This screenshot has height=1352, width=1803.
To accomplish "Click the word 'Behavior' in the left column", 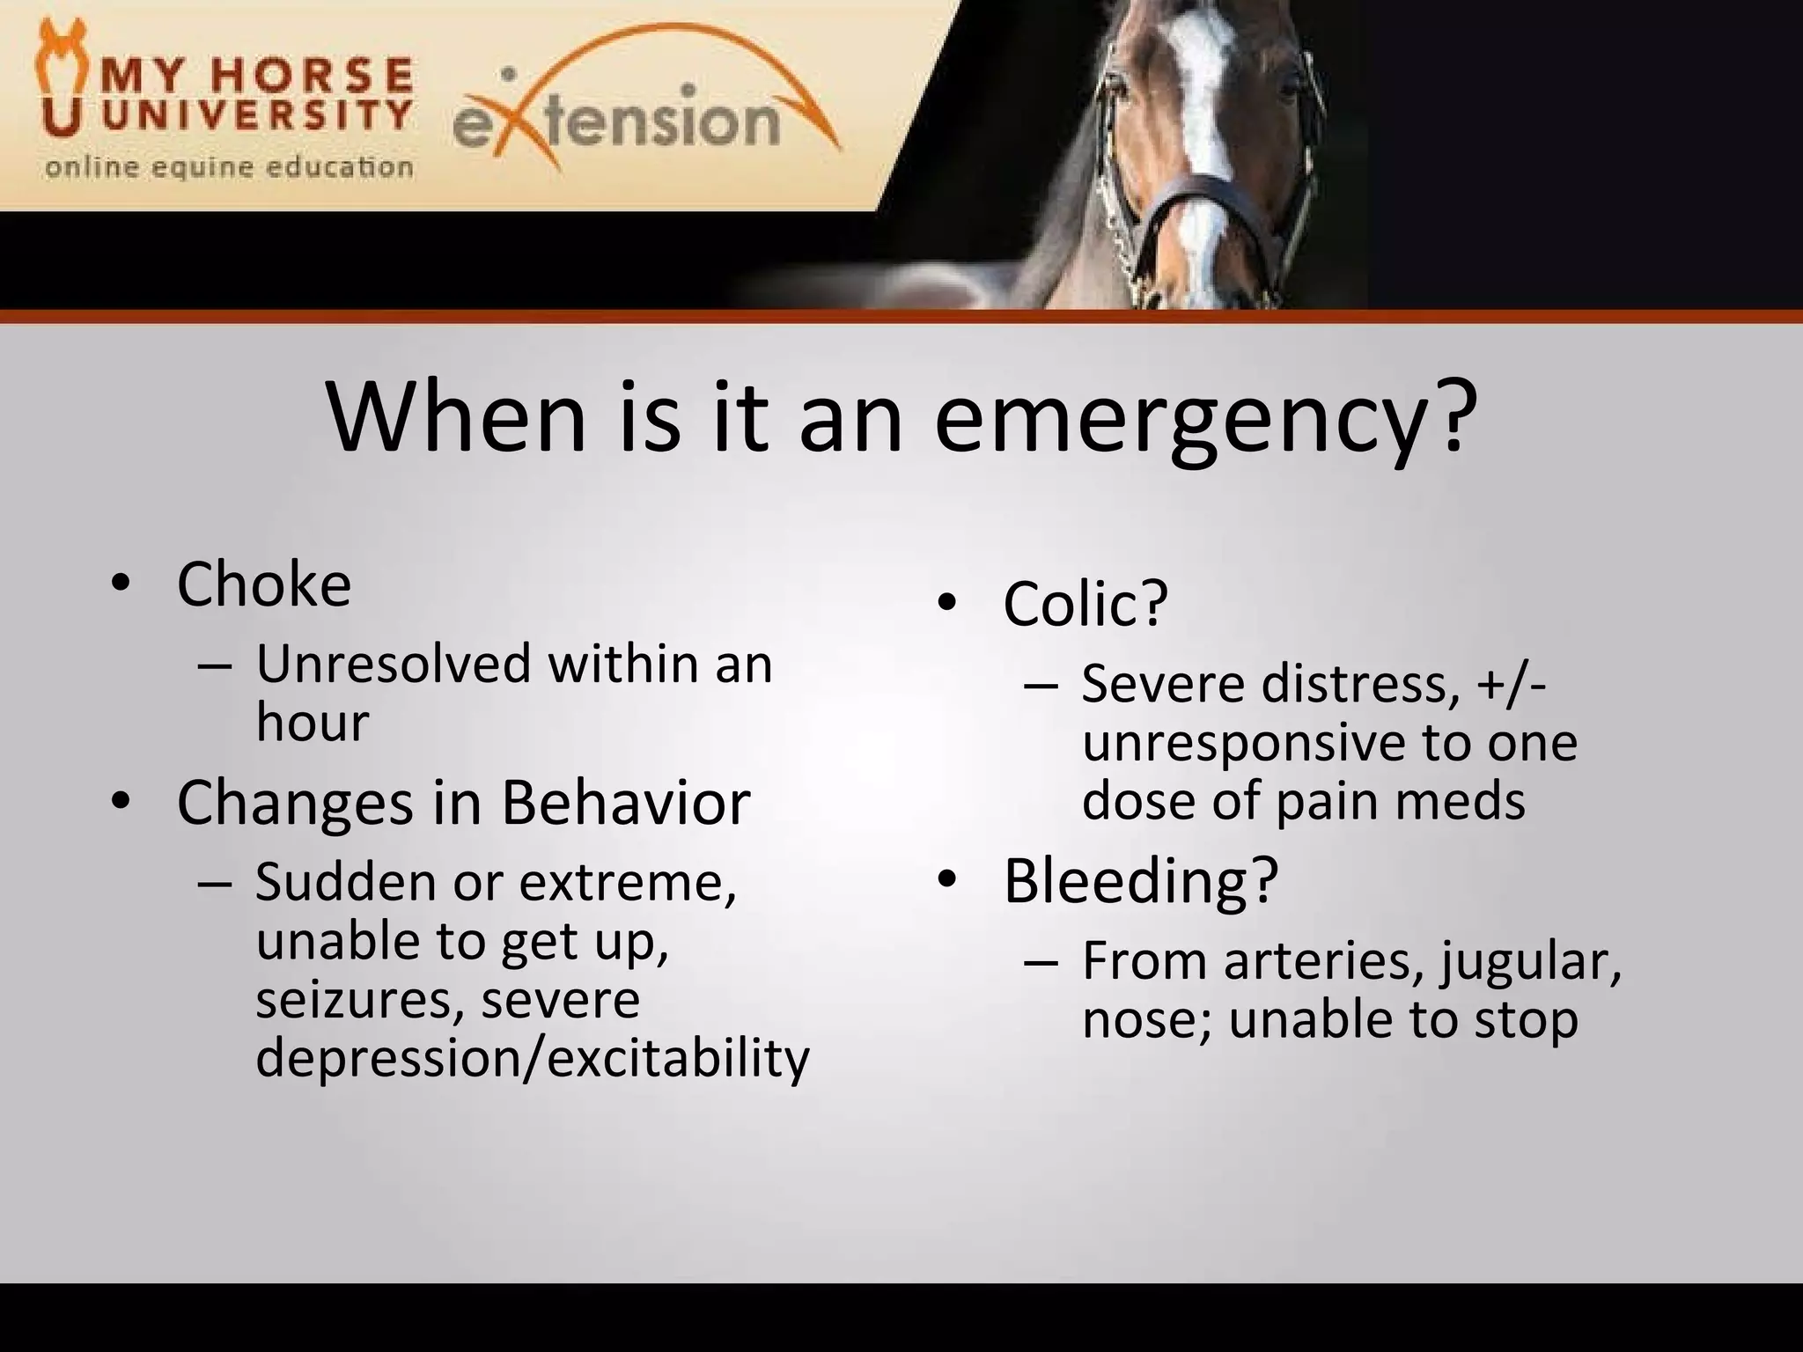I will pos(626,803).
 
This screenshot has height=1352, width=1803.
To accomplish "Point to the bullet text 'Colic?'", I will pos(1085,604).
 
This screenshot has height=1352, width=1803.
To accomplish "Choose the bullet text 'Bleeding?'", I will pos(1140,881).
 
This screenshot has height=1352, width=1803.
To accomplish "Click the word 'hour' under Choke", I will pos(312,723).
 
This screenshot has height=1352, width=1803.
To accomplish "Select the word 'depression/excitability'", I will pos(532,1058).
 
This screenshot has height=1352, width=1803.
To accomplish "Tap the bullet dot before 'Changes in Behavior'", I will pos(121,802).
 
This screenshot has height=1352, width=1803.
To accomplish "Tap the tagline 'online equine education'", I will pos(229,167).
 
